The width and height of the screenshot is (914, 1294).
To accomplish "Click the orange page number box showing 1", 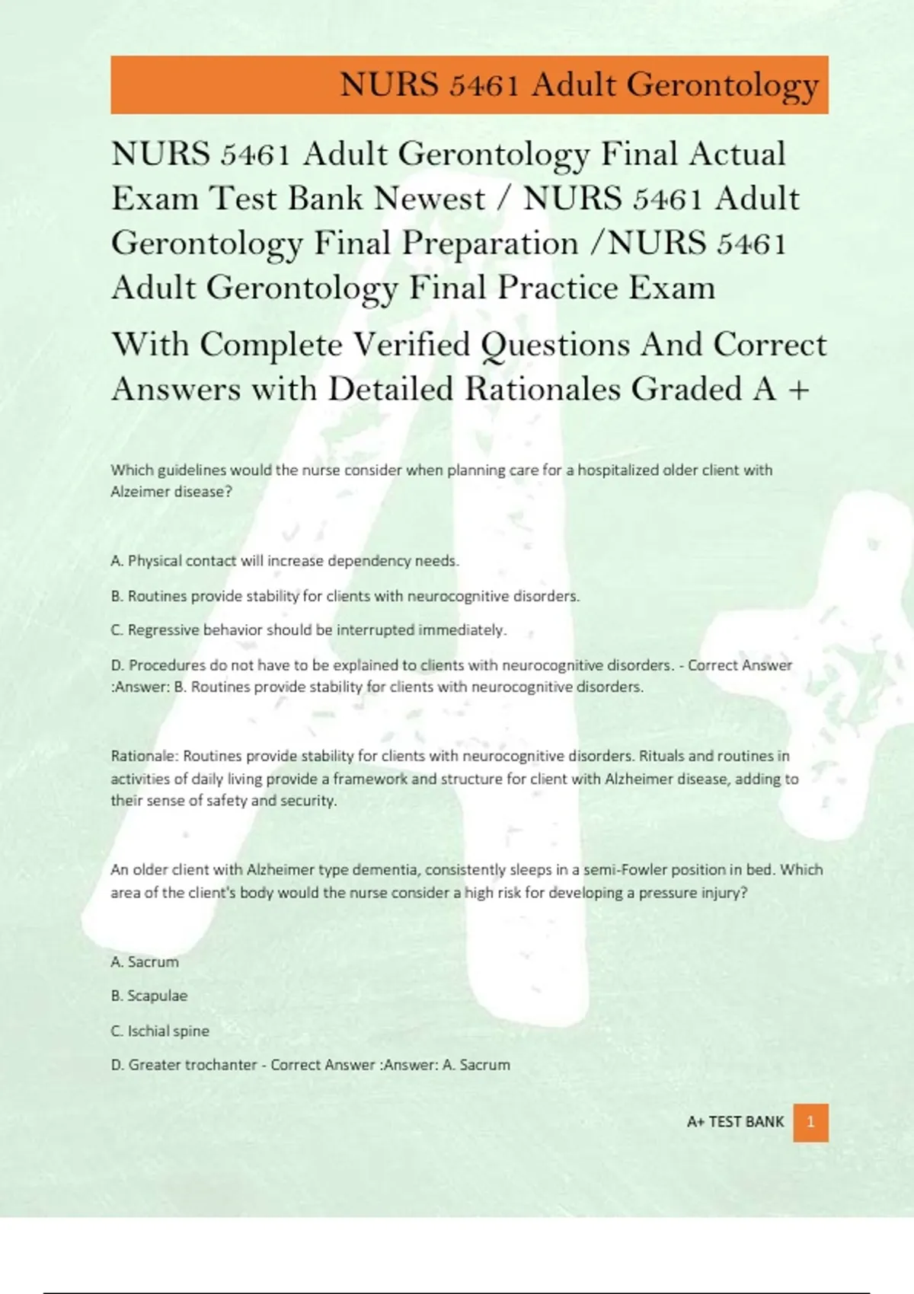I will [x=810, y=1122].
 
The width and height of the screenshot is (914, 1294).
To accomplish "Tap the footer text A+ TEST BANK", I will [x=735, y=1122].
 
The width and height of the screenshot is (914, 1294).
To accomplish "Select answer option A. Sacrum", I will [x=145, y=961].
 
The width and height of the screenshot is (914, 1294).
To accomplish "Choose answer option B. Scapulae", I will [x=149, y=996].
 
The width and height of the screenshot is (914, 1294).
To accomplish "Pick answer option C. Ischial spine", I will [x=160, y=1031].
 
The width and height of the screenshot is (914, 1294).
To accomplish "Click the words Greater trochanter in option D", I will [x=192, y=1065].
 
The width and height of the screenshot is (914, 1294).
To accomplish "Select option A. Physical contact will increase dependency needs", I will [x=285, y=561].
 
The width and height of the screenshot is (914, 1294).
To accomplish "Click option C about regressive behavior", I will [x=308, y=630].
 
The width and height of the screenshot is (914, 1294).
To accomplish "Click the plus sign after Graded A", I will [x=798, y=390].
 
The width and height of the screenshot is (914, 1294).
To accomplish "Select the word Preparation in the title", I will [x=490, y=244].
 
